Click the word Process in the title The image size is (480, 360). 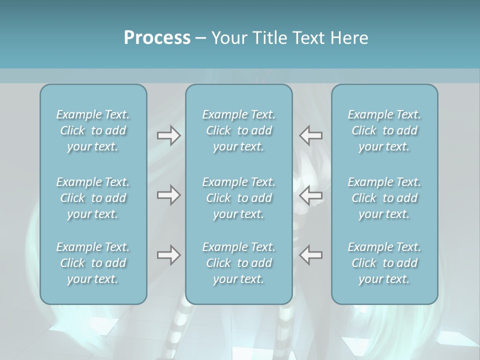tap(157, 38)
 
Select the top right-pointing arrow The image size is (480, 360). tap(168, 135)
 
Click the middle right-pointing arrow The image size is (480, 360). tap(168, 195)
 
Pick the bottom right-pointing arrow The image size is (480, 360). tap(168, 255)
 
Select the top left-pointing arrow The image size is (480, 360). tap(310, 135)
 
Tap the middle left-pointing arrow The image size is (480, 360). tap(310, 195)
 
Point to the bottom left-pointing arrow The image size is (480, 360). tap(310, 255)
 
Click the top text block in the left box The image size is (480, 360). tap(93, 130)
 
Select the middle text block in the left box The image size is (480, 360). tap(93, 198)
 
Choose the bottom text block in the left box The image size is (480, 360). tap(93, 263)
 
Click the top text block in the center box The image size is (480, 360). tap(238, 130)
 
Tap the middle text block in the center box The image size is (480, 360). tap(238, 198)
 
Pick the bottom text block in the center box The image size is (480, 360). tap(238, 263)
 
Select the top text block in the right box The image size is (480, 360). tap(384, 130)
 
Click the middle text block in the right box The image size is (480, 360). tap(384, 198)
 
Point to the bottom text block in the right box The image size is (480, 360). tap(384, 263)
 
